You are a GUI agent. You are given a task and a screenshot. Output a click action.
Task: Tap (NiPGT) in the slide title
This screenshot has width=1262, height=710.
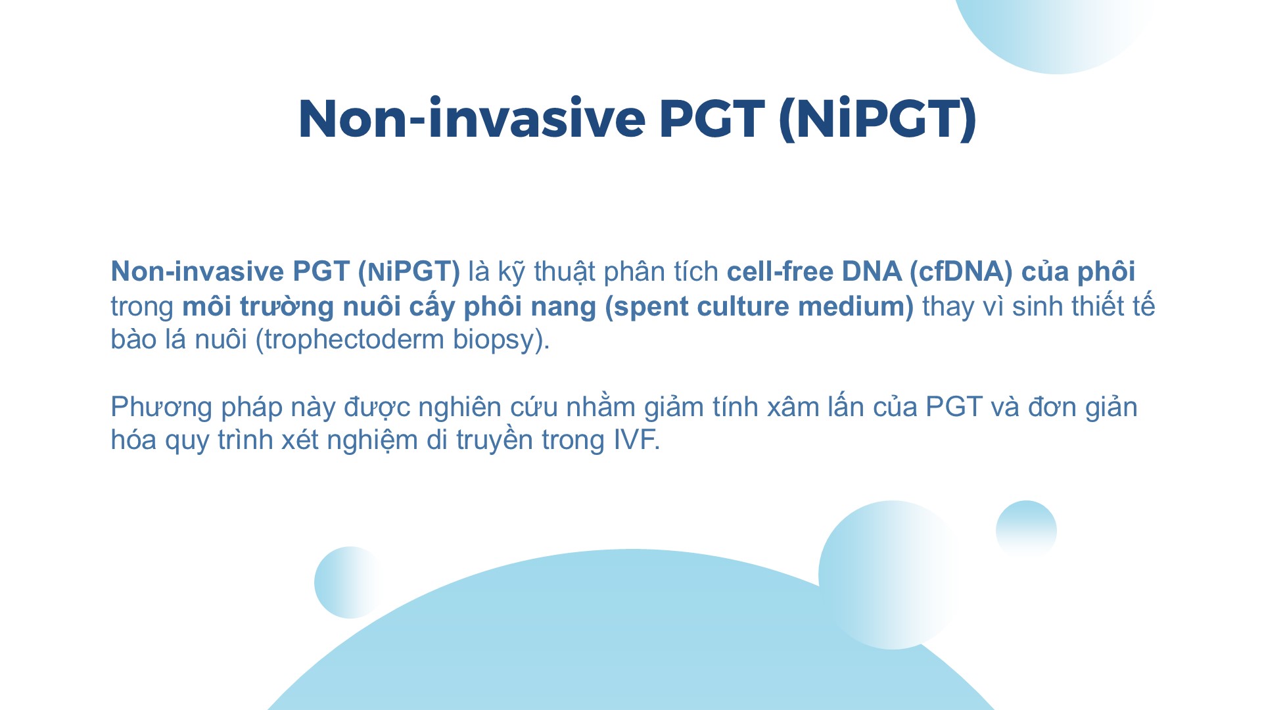877,120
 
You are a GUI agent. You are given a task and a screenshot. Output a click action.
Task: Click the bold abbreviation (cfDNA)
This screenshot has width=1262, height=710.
961,272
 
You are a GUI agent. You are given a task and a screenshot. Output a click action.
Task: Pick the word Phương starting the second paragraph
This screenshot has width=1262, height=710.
162,408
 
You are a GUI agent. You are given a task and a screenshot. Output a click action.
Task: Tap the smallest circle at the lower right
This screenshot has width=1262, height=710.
1026,529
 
